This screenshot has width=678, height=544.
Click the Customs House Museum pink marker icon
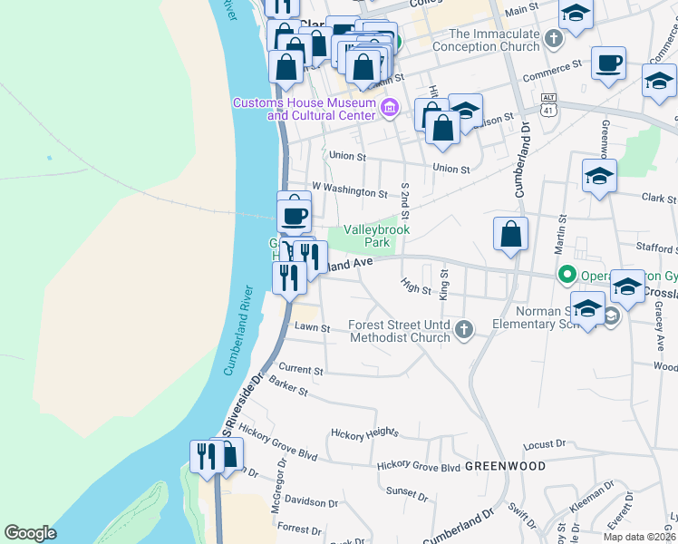390,110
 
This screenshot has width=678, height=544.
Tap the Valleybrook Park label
376,236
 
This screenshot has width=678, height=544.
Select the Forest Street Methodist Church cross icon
464,329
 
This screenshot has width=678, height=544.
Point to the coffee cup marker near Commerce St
609,63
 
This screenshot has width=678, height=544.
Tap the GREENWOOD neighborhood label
505,466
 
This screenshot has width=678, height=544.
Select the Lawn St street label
311,326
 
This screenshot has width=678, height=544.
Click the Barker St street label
289,389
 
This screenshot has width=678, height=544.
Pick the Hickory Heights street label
364,433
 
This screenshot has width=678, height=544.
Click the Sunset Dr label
407,493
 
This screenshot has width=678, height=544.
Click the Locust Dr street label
544,445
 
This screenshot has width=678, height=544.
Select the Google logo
30,533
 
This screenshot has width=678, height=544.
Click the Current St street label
301,370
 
